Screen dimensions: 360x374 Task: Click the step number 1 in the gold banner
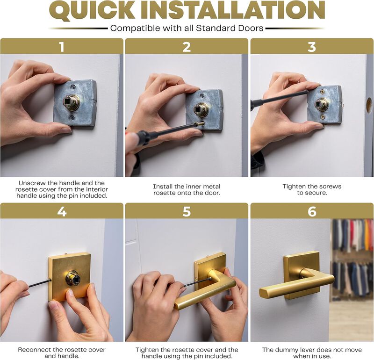tap(61, 47)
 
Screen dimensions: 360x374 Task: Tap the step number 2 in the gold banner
tap(187, 47)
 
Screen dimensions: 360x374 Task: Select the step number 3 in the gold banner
tap(312, 47)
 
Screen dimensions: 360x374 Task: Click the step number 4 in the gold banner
tap(61, 211)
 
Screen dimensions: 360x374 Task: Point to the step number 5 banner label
tap(187, 211)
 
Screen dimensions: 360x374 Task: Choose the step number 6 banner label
tap(312, 211)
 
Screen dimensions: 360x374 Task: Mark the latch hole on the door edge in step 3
tap(369, 105)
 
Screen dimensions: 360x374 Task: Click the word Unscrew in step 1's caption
tap(33, 183)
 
